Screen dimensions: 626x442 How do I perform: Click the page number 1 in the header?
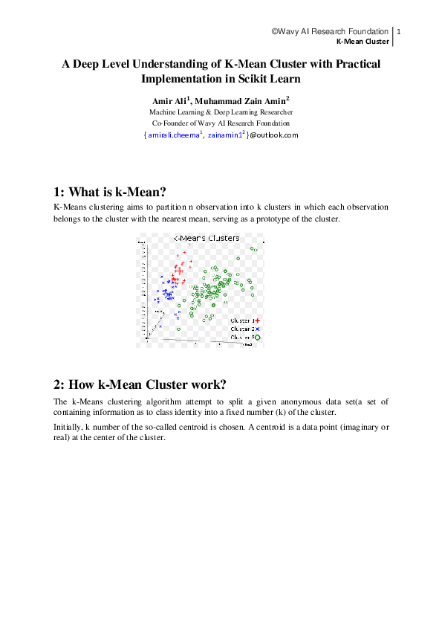coord(399,32)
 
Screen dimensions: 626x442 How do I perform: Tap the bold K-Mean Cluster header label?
coord(363,42)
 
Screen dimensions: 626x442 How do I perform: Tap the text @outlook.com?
coord(273,135)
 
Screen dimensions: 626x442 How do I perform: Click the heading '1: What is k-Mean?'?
coord(109,190)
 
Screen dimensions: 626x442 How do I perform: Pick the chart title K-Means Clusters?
coord(207,239)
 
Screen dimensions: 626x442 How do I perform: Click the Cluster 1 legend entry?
coord(243,320)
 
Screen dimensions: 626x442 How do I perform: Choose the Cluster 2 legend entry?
coord(243,328)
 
